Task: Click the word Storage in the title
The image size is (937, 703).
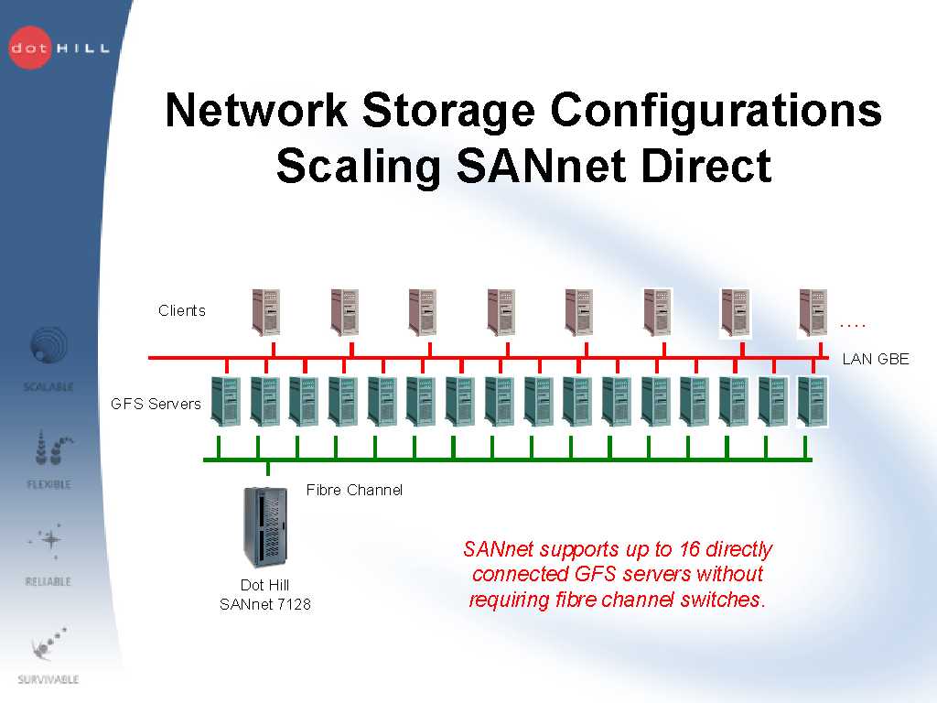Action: click(447, 111)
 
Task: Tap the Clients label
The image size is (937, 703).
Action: click(182, 310)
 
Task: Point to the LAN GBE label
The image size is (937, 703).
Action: click(876, 359)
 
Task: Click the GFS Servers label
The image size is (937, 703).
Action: click(156, 404)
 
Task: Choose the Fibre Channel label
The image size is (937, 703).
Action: click(354, 490)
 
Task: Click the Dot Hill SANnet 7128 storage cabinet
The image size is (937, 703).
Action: click(265, 527)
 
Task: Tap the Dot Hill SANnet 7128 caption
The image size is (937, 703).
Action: click(265, 594)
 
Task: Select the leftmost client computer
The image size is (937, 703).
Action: click(265, 312)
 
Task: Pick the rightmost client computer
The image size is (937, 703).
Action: click(813, 312)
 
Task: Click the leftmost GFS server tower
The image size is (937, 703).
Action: click(225, 401)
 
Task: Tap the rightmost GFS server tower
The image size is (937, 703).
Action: click(812, 401)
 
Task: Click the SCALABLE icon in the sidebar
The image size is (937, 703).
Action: click(48, 349)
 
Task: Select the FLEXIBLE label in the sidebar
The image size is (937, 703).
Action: click(48, 484)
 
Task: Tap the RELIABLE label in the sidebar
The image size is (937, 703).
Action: click(48, 581)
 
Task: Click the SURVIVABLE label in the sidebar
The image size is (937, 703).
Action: click(48, 679)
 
